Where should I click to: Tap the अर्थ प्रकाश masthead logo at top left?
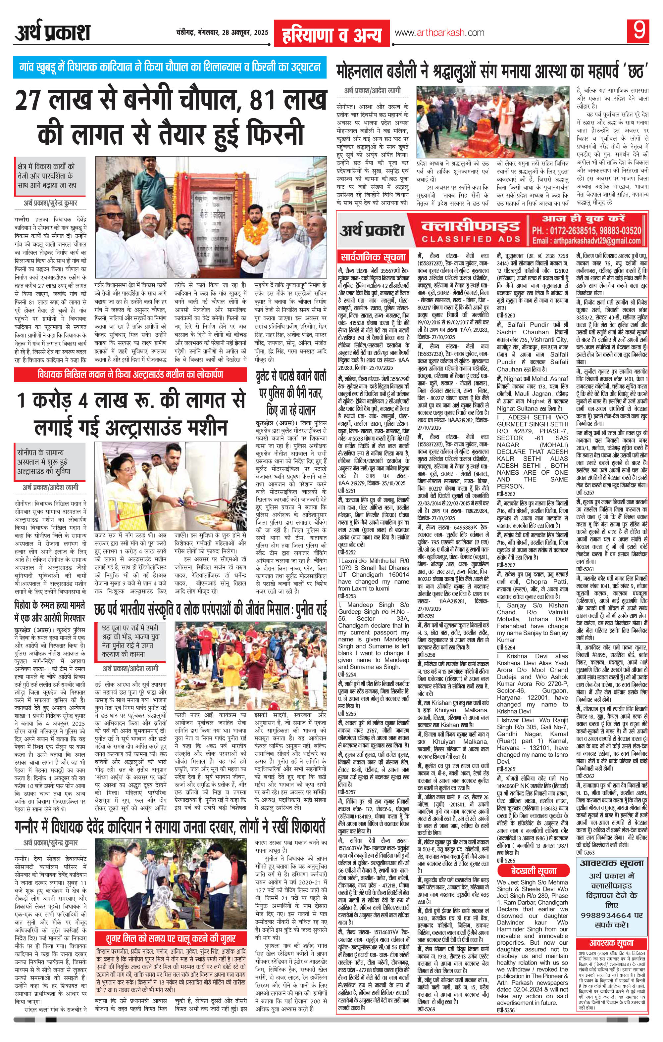(x=52, y=33)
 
